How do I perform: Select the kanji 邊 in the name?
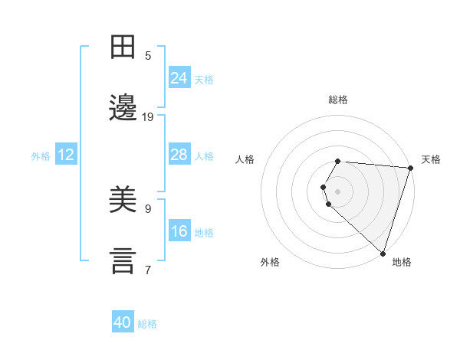[x=123, y=107]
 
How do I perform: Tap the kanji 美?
[x=123, y=201]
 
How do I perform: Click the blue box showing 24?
[x=179, y=78]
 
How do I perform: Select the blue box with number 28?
[x=179, y=155]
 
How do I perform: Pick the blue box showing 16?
[x=179, y=231]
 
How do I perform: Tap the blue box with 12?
[x=66, y=155]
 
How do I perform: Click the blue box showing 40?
[x=123, y=322]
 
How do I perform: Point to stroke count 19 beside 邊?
[x=148, y=117]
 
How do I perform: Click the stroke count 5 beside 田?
[x=148, y=55]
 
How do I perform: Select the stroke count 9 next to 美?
[x=148, y=208]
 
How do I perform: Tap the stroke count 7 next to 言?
[x=148, y=270]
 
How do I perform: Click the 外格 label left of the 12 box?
[x=41, y=155]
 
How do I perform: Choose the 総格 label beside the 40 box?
[x=148, y=323]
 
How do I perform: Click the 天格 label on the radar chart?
[x=431, y=159]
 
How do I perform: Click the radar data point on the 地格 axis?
[x=383, y=253]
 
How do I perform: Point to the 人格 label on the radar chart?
[x=245, y=159]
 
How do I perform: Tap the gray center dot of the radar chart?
[x=338, y=191]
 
